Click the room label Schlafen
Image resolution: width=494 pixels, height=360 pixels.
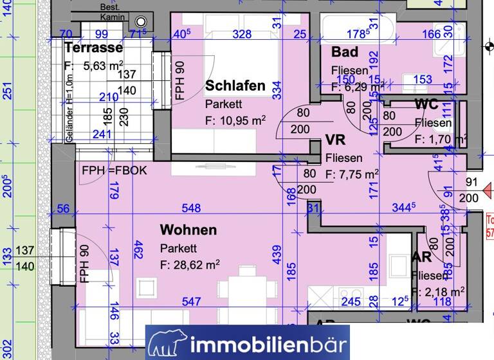235,85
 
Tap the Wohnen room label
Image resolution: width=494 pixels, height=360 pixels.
188,230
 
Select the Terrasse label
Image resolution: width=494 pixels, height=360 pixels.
93,48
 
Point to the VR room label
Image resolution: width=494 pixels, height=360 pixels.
335,140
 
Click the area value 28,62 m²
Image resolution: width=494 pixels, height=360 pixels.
190,264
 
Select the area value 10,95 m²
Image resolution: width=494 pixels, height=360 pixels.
235,120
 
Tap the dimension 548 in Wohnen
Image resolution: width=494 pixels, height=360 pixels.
191,208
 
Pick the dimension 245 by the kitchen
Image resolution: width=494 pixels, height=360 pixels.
351,301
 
